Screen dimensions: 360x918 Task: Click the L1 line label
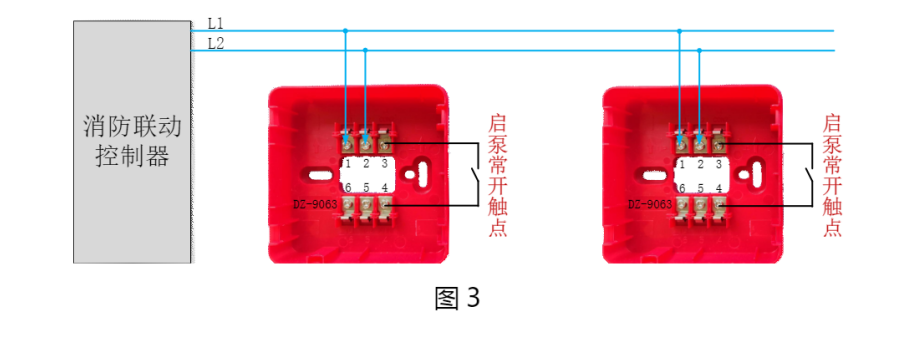coord(216,22)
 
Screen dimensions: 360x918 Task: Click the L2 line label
coord(216,43)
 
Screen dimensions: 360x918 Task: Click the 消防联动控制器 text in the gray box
coord(132,141)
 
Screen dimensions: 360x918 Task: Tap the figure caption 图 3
coord(458,298)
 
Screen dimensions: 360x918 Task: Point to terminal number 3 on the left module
coord(385,161)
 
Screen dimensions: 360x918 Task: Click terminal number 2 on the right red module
coord(701,161)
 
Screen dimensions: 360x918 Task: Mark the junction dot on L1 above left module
coord(346,30)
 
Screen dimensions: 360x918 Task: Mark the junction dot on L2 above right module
coord(699,49)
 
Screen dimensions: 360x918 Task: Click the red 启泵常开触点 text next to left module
coord(497,175)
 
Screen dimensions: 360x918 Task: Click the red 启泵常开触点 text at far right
coord(832,175)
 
